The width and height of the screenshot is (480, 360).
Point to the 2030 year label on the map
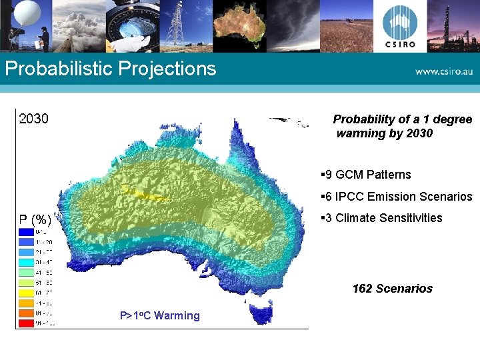point(33,119)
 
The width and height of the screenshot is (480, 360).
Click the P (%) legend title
point(35,219)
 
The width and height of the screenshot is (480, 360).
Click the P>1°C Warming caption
point(159,316)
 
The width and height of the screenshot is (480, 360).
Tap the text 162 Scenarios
point(392,289)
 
